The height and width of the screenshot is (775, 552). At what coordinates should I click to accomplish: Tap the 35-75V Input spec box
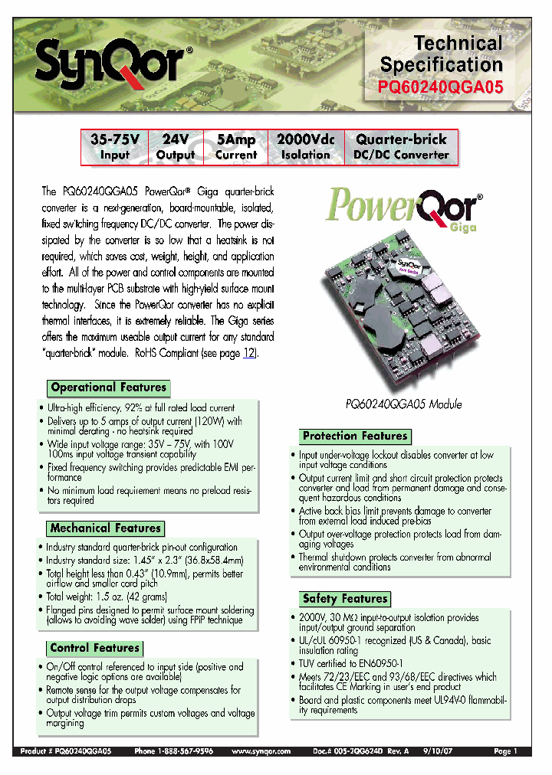pos(115,147)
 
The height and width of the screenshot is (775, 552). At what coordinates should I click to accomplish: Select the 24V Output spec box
pos(176,147)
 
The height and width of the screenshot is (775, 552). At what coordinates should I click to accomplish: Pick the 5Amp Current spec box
pos(235,147)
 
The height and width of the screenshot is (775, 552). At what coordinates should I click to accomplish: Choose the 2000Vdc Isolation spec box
pos(305,147)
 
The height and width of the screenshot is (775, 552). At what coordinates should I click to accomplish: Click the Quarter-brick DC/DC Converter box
pos(400,147)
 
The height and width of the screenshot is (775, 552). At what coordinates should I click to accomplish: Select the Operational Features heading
pos(108,387)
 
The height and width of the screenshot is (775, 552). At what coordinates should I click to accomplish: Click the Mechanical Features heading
pos(105,528)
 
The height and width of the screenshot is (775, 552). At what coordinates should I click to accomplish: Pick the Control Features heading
pos(94,648)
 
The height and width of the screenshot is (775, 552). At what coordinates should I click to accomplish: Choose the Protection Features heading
pos(354,436)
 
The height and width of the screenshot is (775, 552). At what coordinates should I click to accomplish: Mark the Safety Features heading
pos(344,599)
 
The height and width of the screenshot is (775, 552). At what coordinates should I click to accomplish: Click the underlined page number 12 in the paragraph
pos(249,353)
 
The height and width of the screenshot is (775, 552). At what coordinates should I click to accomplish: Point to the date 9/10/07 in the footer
pos(450,752)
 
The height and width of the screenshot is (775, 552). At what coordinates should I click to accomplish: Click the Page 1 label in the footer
pos(506,752)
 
